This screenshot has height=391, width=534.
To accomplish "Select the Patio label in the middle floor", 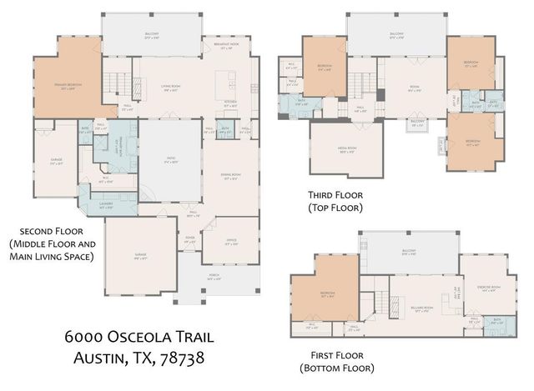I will click(x=170, y=162).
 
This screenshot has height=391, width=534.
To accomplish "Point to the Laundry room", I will click(x=106, y=204).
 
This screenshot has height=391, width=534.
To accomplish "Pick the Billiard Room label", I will click(x=422, y=308).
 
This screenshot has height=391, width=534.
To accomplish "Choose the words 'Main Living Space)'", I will click(x=49, y=257).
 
